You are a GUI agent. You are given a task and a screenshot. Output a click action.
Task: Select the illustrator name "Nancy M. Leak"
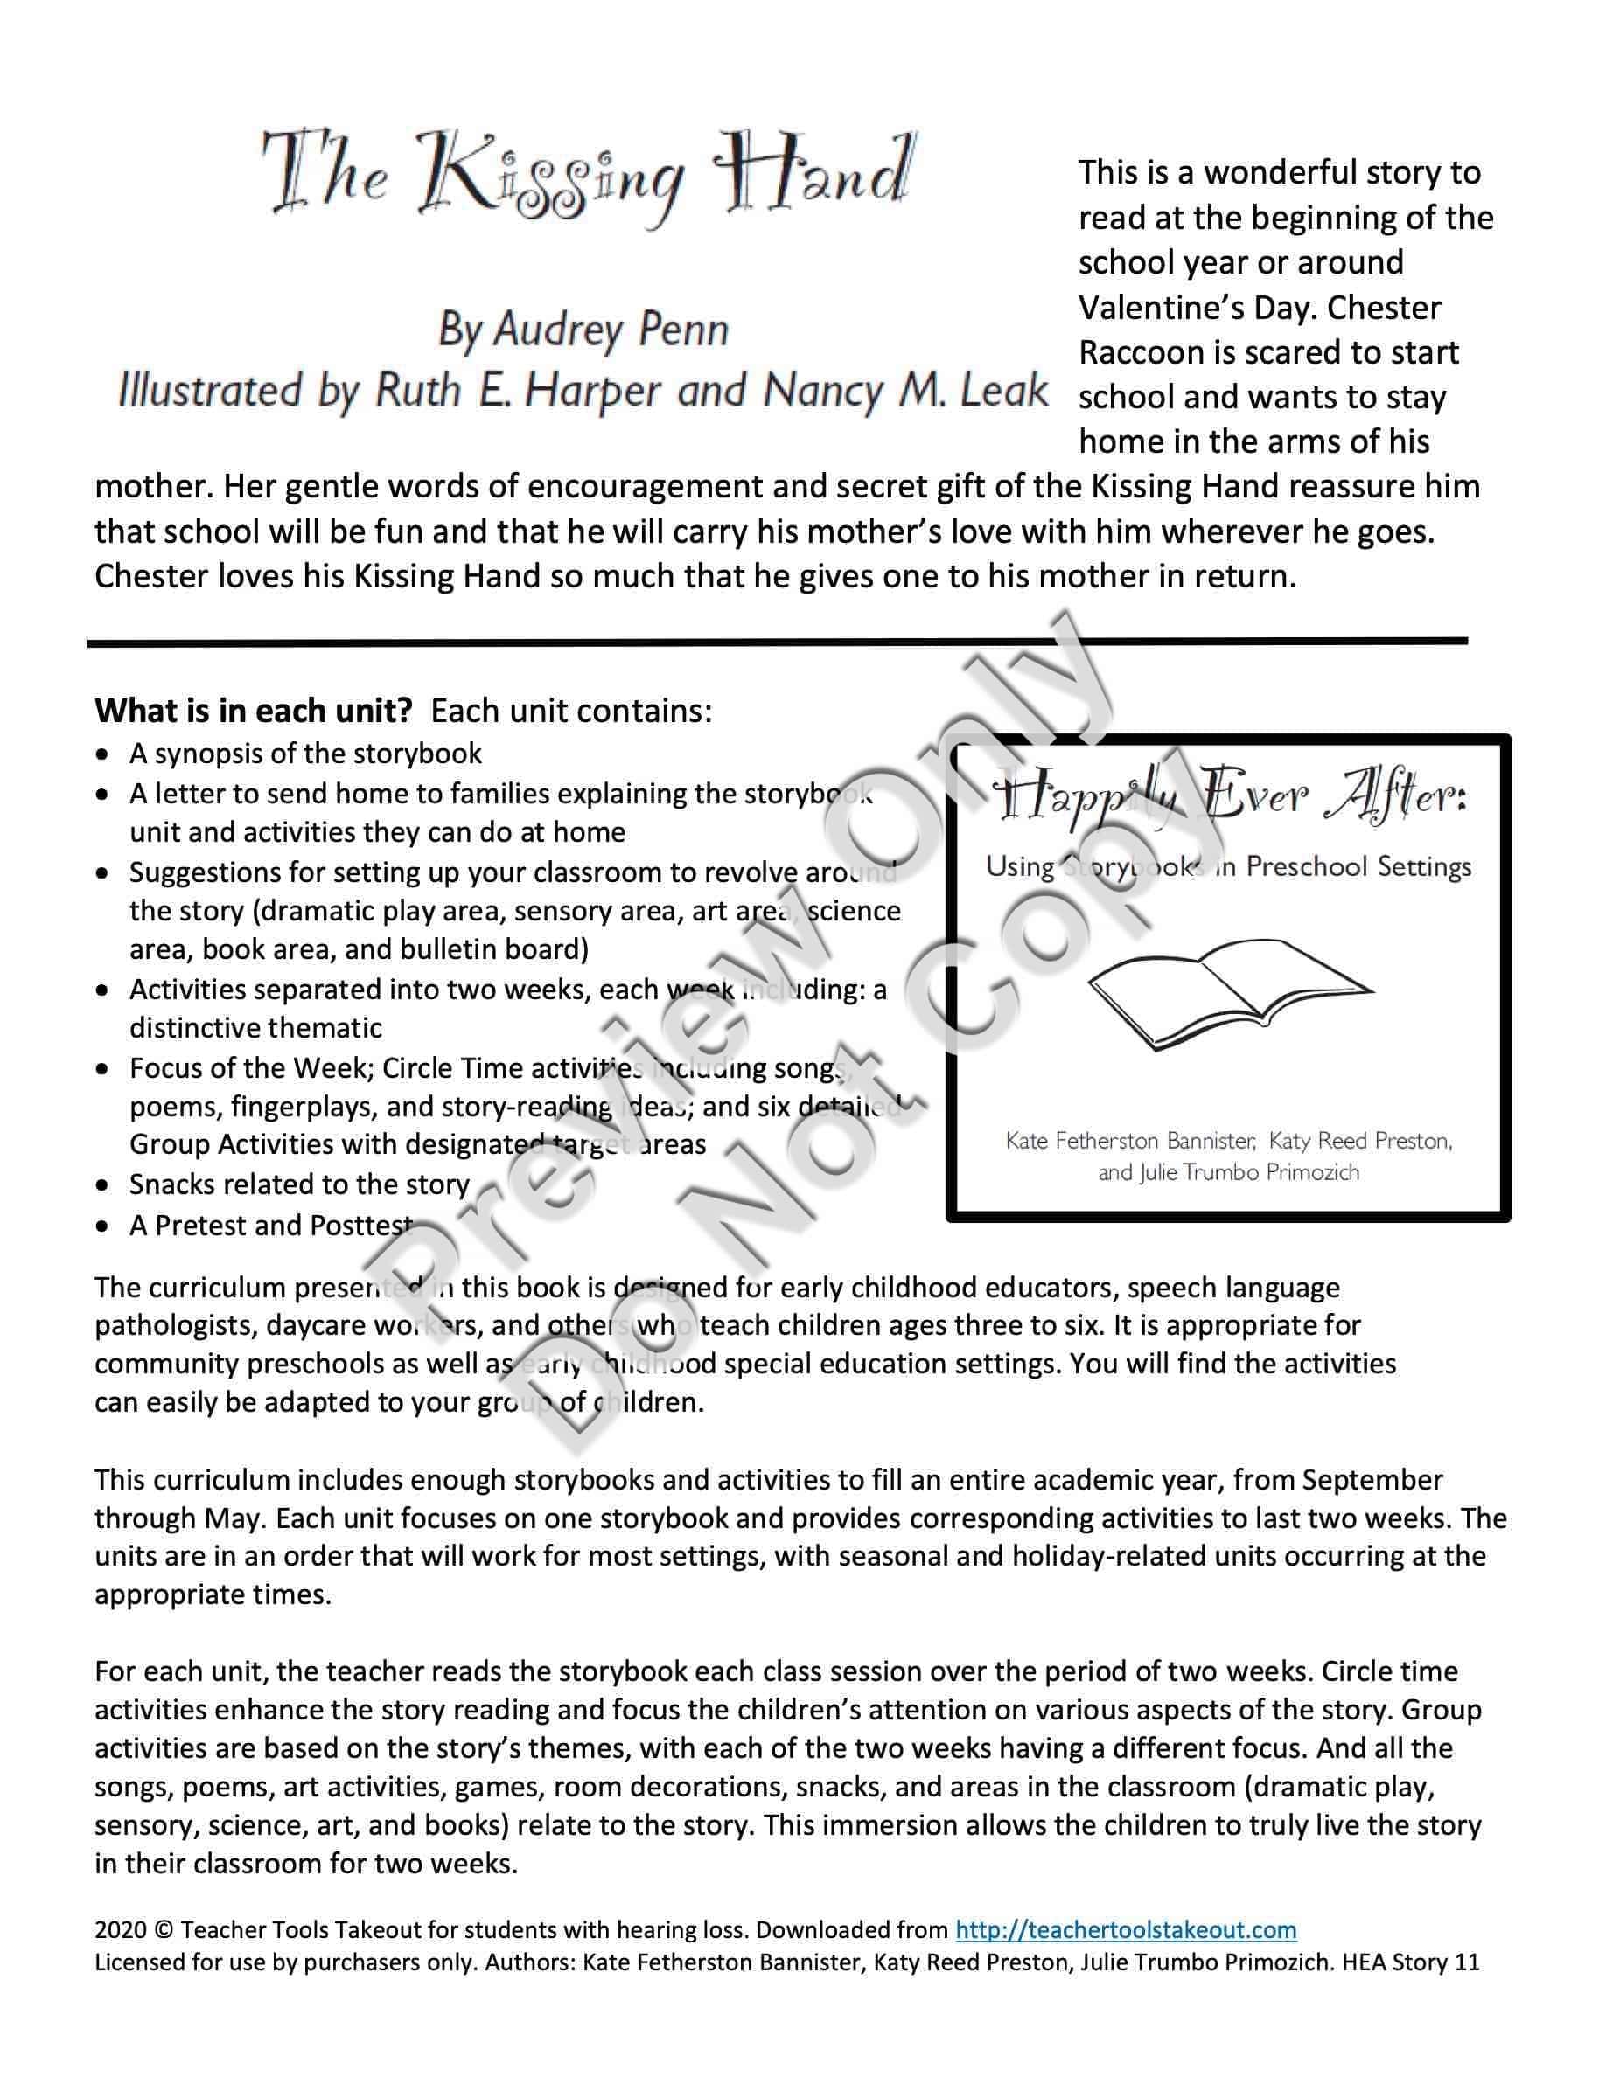point(904,390)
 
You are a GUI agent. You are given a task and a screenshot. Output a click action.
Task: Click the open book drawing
point(1229,994)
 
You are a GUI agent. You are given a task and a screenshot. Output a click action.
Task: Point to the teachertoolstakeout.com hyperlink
point(1126,1929)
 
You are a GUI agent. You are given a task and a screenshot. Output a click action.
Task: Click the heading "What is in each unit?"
point(253,711)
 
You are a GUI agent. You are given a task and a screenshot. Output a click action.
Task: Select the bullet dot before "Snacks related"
point(102,1186)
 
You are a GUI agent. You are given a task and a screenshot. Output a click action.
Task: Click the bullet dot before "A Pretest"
point(102,1226)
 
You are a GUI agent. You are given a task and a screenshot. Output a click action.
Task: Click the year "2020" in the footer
point(120,1929)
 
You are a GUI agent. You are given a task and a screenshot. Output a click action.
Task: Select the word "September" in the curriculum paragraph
point(1372,1480)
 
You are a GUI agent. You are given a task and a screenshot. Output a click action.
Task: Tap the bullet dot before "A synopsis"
point(102,755)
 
